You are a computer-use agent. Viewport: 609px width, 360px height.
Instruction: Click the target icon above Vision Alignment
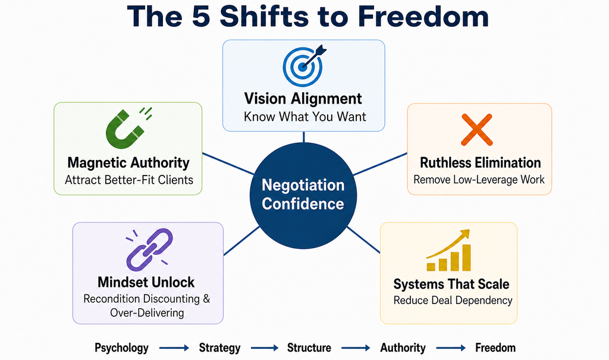click(303, 65)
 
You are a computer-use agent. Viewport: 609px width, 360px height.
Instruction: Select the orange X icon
click(477, 130)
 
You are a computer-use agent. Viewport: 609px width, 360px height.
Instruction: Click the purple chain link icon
click(149, 249)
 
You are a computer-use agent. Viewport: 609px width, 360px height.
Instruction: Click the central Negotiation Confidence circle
click(303, 195)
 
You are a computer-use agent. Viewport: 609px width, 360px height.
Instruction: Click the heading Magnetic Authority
click(128, 162)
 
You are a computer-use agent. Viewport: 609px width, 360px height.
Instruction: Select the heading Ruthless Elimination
click(481, 162)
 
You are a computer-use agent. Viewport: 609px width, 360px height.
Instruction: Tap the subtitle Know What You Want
click(305, 117)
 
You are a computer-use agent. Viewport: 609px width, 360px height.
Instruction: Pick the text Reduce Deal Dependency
click(453, 300)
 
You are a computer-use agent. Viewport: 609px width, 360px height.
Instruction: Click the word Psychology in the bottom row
click(121, 348)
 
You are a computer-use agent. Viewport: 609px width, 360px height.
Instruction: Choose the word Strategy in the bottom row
click(219, 348)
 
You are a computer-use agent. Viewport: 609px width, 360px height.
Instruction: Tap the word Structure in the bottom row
click(309, 348)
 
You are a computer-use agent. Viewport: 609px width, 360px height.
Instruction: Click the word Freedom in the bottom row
click(495, 348)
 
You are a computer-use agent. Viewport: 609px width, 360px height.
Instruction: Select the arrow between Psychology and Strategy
click(174, 348)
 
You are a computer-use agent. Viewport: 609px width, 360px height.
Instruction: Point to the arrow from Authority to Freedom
click(451, 348)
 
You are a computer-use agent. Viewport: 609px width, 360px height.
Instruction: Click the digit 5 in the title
click(201, 16)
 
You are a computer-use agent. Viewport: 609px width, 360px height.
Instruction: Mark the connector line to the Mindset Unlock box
click(241, 241)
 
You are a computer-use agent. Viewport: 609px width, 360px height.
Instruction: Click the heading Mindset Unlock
click(146, 282)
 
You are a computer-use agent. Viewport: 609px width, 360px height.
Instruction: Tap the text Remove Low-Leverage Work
click(479, 180)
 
